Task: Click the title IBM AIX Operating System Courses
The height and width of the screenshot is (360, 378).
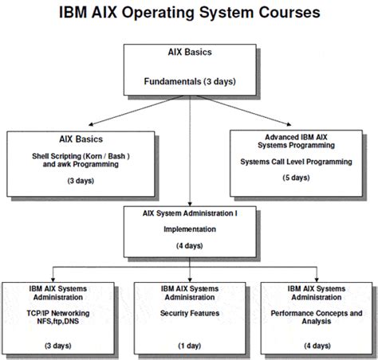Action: (x=189, y=14)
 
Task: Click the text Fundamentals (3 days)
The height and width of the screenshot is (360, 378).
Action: (x=189, y=80)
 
